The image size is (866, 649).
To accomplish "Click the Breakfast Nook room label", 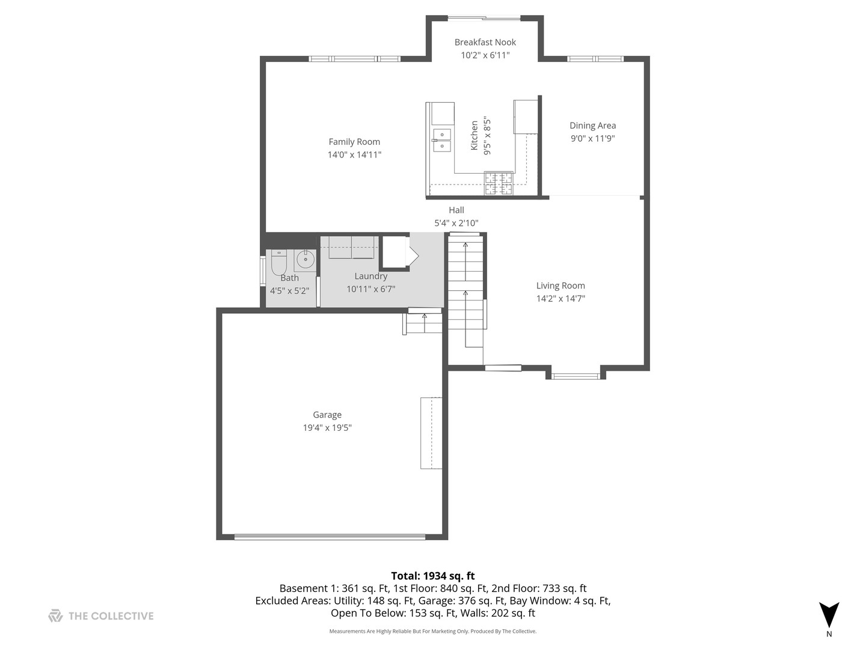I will pyautogui.click(x=485, y=42).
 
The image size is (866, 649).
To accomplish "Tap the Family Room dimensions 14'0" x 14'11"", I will pyautogui.click(x=354, y=154).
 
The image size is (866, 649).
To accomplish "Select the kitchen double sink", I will pyautogui.click(x=442, y=140).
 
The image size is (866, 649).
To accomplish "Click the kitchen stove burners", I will pyautogui.click(x=499, y=183).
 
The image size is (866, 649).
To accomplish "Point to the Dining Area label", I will pyautogui.click(x=592, y=126).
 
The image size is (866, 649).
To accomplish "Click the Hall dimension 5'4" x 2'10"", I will pyautogui.click(x=456, y=223).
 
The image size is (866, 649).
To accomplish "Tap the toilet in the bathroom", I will pyautogui.click(x=279, y=261).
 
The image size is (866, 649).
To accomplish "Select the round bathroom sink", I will pyautogui.click(x=305, y=261).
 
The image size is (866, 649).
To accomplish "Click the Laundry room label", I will pyautogui.click(x=370, y=276).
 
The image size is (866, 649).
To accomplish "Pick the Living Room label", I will pyautogui.click(x=560, y=285).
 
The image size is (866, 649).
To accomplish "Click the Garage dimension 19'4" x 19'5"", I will pyautogui.click(x=327, y=428).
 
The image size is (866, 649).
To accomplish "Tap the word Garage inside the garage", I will pyautogui.click(x=327, y=415).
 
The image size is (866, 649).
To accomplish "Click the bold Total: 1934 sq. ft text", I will pyautogui.click(x=432, y=576).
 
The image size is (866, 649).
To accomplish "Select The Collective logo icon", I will pyautogui.click(x=55, y=615).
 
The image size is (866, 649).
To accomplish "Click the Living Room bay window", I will pyautogui.click(x=576, y=376).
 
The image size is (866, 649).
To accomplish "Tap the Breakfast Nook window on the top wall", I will pyautogui.click(x=485, y=17).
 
